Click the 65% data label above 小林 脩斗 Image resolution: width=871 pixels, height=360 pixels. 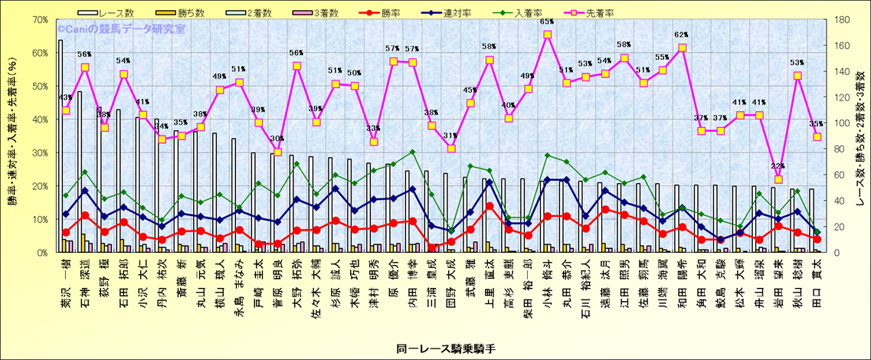click(547, 22)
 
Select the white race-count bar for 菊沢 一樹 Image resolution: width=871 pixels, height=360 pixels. click(60, 146)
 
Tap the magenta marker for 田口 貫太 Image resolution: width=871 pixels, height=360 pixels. click(817, 137)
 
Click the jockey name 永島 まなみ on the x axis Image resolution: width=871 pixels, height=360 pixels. click(239, 280)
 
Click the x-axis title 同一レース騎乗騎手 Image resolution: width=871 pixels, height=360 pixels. click(435, 348)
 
